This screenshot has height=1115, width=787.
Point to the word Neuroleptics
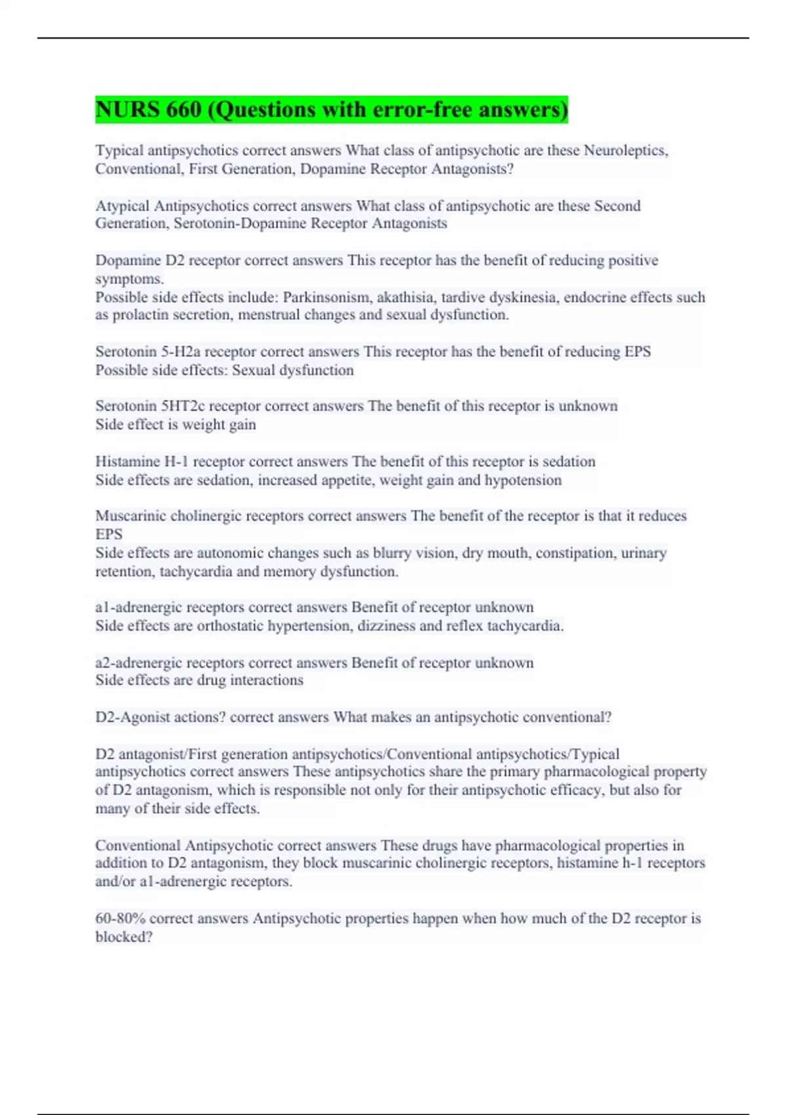(626, 151)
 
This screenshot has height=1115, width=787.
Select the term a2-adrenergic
(136, 662)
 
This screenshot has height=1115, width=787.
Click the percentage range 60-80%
(120, 919)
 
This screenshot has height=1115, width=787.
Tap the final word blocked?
(124, 937)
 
